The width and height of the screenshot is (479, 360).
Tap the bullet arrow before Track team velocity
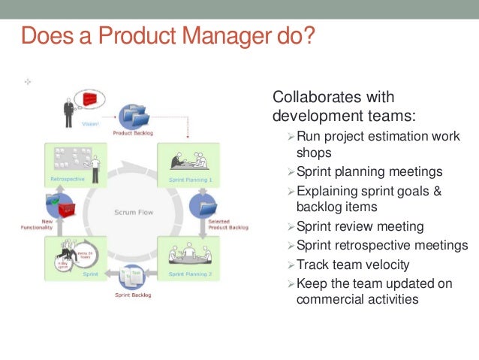292,265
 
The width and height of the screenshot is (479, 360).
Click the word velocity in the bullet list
390,265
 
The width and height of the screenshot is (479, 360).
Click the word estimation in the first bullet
395,136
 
